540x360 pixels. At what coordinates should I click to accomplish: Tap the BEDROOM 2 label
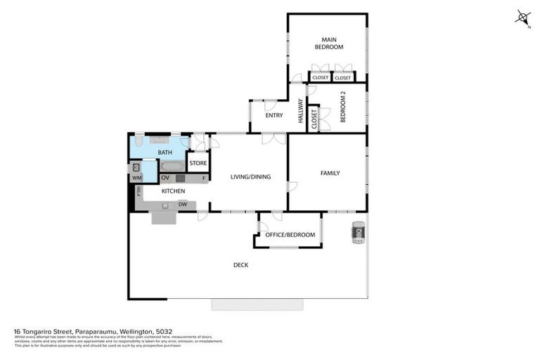point(343,108)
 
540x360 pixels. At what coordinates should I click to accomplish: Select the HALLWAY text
point(301,111)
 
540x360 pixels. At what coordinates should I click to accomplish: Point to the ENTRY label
point(274,115)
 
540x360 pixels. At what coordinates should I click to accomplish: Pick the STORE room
point(198,164)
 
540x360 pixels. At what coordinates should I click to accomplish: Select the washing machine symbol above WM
point(136,168)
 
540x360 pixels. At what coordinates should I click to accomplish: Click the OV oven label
point(165,179)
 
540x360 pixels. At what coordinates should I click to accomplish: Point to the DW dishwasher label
point(182,205)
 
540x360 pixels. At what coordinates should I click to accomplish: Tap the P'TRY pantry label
point(139,191)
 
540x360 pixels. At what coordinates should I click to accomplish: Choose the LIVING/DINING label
point(250,177)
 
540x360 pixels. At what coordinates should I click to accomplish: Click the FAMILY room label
point(330,173)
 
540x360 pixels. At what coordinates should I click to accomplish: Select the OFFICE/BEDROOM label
point(290,235)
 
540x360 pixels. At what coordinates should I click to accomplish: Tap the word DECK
point(240,265)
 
